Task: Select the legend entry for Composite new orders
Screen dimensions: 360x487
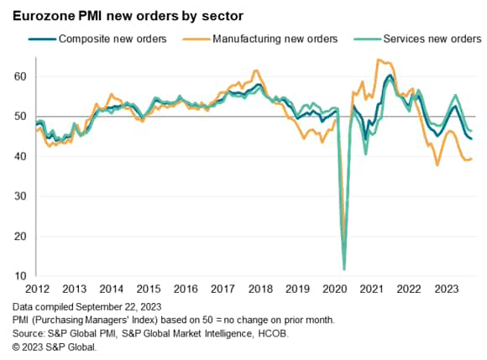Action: tap(107, 39)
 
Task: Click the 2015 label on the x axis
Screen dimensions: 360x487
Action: tap(149, 289)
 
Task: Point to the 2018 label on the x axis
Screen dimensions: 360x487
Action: tap(259, 289)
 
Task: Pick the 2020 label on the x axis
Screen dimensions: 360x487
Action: tap(334, 289)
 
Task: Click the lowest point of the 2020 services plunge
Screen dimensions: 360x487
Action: tap(344, 269)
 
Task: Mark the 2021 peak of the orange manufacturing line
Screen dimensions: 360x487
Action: tap(380, 60)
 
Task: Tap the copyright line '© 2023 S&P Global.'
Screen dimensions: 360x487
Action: tap(55, 346)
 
